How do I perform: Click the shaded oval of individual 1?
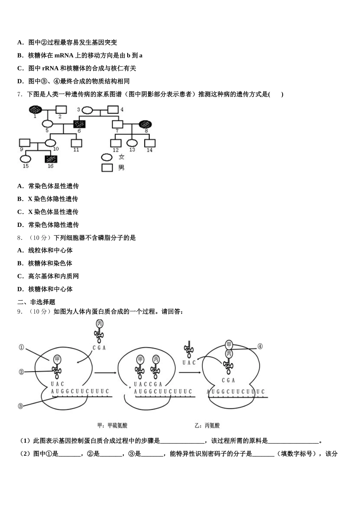[x=35, y=109]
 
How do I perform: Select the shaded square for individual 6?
[x=79, y=124]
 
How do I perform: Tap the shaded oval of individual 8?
[x=146, y=124]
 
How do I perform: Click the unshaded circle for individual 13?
[x=132, y=143]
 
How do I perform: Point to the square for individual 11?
[x=77, y=143]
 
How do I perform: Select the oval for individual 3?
[x=88, y=110]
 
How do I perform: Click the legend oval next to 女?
[x=107, y=157]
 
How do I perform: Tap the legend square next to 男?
[x=107, y=167]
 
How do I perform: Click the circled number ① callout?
[x=21, y=347]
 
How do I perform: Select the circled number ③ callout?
[x=21, y=406]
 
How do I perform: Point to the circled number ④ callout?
[x=260, y=346]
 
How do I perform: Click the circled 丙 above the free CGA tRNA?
[x=100, y=324]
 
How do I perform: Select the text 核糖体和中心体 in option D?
[x=50, y=289]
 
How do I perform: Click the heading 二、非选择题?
[x=36, y=302]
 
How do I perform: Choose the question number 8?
[x=20, y=238]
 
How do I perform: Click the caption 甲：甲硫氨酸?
[x=112, y=426]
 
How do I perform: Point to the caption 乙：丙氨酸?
[x=207, y=426]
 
